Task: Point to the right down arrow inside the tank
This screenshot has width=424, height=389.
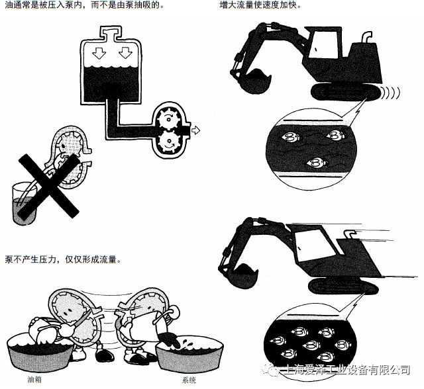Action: (123, 52)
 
